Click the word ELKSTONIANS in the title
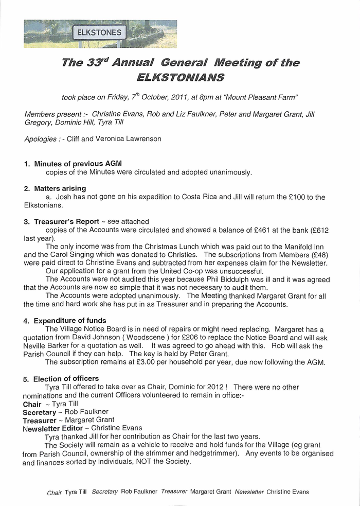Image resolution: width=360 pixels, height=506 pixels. click(180, 78)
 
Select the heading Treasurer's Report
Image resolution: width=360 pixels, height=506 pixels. click(66, 221)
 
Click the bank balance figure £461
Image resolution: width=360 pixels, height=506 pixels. click(257, 230)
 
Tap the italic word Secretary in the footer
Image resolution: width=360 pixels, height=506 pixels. click(105, 492)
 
